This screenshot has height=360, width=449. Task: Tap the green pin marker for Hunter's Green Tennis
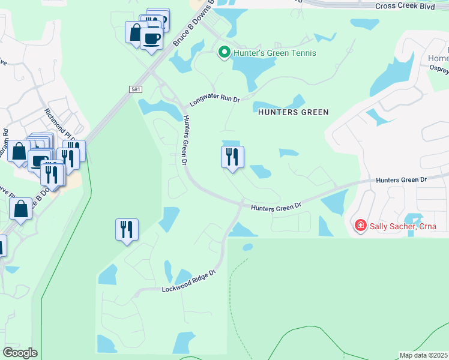[x=224, y=53]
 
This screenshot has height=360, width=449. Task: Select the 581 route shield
[x=135, y=89]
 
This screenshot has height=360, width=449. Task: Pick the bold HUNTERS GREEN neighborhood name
[x=294, y=112]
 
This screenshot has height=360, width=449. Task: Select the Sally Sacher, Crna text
[x=403, y=226]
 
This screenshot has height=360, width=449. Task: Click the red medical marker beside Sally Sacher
[x=360, y=226]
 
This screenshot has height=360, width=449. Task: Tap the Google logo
[x=20, y=352]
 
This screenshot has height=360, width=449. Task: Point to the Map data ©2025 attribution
[x=423, y=355]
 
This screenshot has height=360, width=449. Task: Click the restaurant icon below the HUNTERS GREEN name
[x=232, y=157]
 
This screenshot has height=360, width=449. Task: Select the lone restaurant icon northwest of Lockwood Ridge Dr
[x=127, y=229]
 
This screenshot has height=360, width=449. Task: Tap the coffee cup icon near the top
[x=151, y=38]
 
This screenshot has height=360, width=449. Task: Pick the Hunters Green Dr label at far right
[x=401, y=179]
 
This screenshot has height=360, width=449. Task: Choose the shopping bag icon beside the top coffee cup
[x=134, y=31]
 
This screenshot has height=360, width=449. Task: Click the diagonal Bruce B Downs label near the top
[x=185, y=30]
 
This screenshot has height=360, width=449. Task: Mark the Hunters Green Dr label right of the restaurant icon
[x=276, y=207]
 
